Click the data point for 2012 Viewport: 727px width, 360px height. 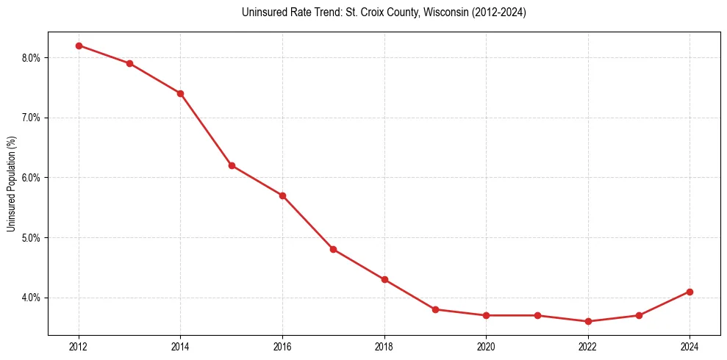[79, 46]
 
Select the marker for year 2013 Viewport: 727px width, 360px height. [129, 63]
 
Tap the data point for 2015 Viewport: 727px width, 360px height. [232, 165]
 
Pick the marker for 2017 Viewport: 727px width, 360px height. [333, 250]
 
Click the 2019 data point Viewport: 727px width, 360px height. [435, 309]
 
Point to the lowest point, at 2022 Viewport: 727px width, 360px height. [588, 321]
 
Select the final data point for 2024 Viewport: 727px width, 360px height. [690, 292]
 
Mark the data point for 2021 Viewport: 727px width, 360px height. [537, 315]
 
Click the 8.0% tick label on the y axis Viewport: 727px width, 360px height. [35, 58]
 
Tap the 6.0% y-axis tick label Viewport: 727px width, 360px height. [35, 178]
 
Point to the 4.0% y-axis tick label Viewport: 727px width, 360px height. [35, 298]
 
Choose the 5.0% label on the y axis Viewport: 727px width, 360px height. [35, 238]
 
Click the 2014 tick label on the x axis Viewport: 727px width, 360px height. [180, 346]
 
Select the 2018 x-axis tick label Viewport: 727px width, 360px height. [384, 346]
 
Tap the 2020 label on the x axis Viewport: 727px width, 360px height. [486, 346]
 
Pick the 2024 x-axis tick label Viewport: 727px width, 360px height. [690, 346]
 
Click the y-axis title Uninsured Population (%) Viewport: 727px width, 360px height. [11, 183]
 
